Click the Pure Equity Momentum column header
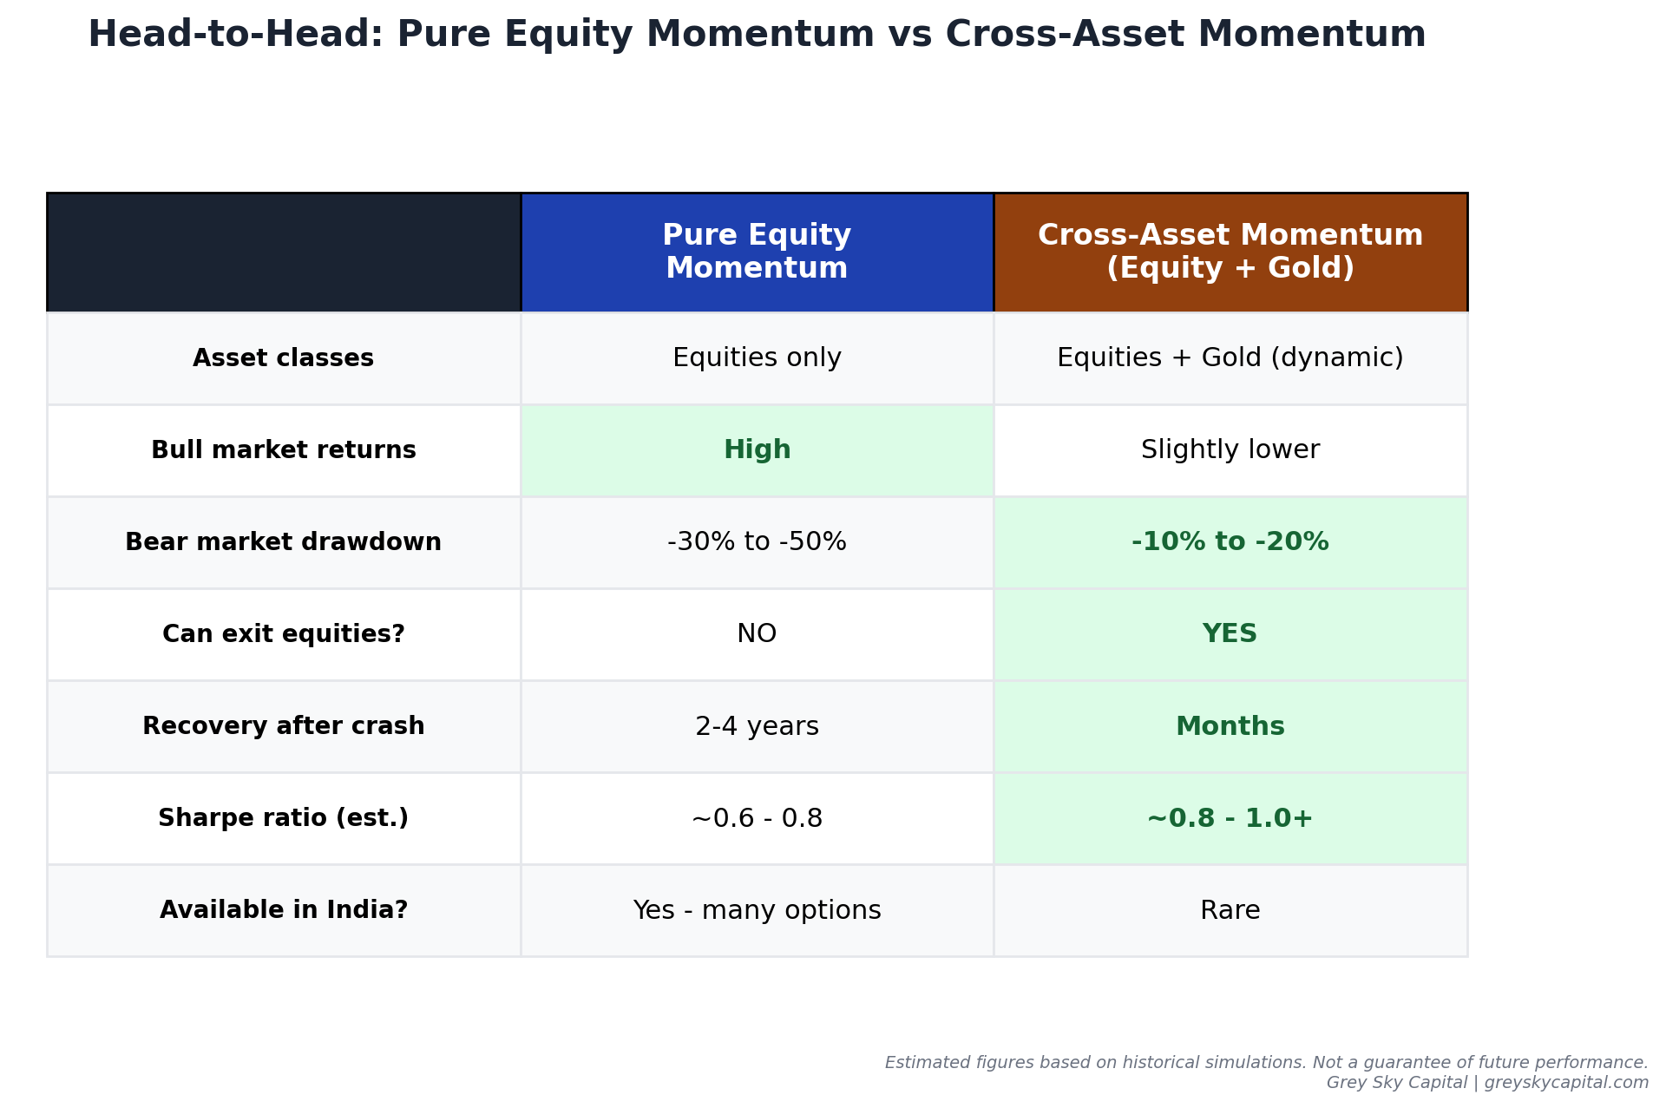coord(757,252)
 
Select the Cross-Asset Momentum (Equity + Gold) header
coord(1230,252)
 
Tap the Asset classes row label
coord(284,358)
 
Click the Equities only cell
coord(757,358)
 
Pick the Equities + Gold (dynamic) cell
coord(1230,358)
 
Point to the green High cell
coord(757,450)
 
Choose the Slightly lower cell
coord(1230,450)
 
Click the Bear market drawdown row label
coord(284,542)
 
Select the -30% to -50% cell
coord(757,542)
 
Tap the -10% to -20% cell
coord(1230,542)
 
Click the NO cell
coord(757,634)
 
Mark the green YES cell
coord(1230,634)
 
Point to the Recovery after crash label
coord(284,726)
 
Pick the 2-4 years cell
coord(757,726)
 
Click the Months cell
coord(1230,726)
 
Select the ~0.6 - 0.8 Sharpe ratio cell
coord(757,818)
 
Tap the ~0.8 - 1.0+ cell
coord(1230,818)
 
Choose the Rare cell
coord(1230,910)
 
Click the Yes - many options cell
coord(757,910)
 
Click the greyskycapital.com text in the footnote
coord(1566,1083)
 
